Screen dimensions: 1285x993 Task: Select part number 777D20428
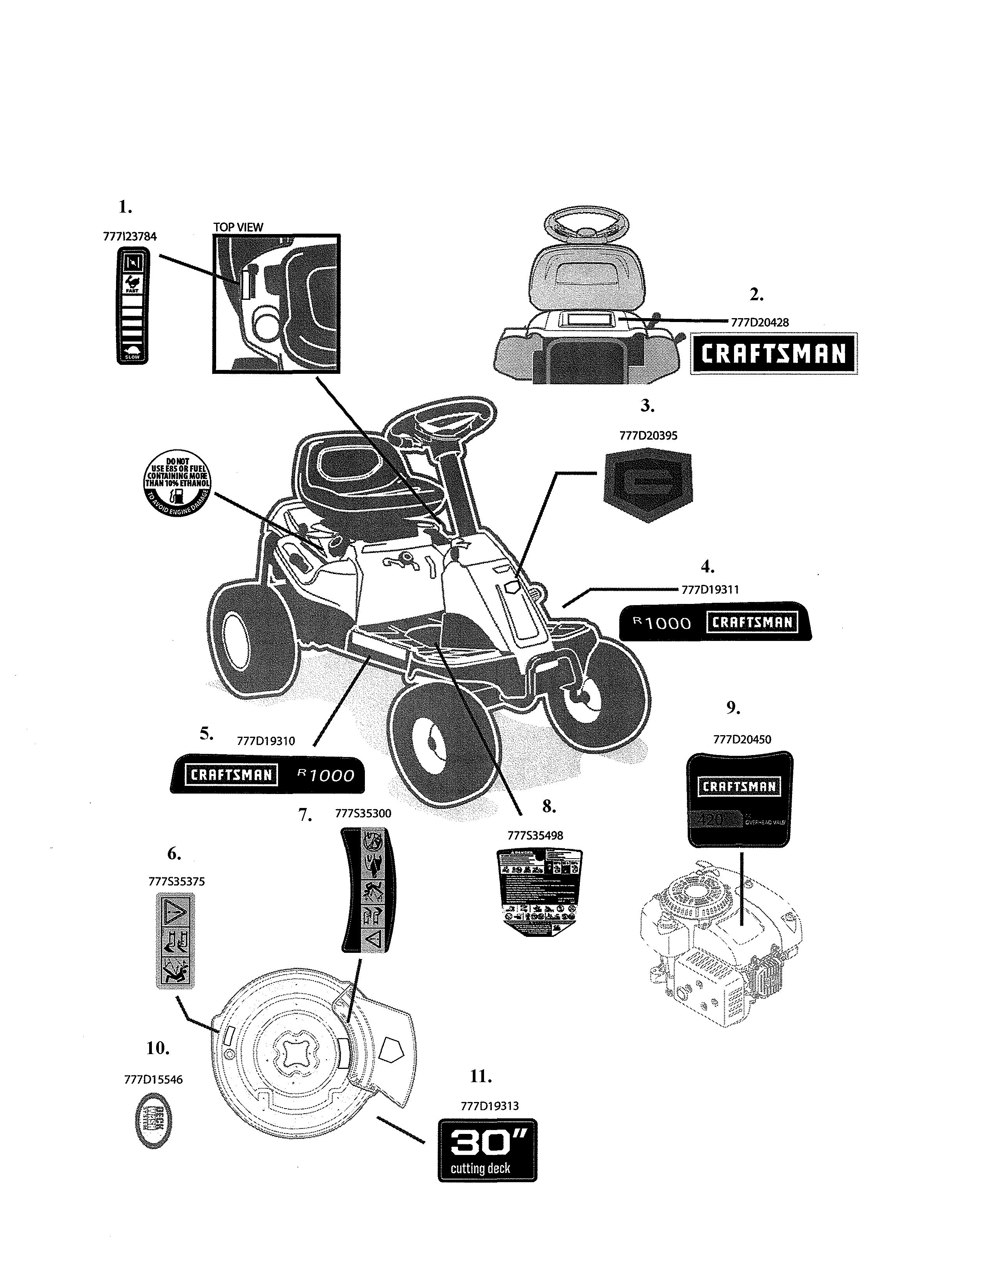[x=759, y=322]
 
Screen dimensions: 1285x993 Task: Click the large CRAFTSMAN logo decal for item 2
[x=774, y=354]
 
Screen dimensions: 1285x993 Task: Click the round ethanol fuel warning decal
[x=178, y=486]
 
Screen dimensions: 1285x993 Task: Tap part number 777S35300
[x=363, y=814]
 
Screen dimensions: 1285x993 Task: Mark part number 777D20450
[x=742, y=739]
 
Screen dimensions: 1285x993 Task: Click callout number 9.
[x=732, y=708]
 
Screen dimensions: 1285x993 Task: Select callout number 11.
[x=480, y=1076]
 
